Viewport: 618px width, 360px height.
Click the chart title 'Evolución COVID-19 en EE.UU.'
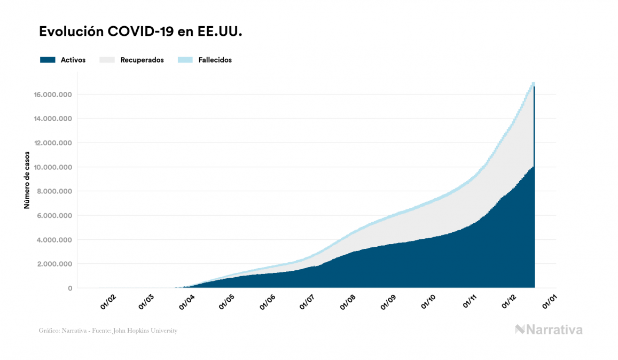(x=141, y=32)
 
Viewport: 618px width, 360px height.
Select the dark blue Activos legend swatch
(x=48, y=60)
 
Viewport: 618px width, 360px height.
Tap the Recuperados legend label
(x=142, y=60)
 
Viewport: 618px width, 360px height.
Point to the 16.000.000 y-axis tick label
(x=53, y=95)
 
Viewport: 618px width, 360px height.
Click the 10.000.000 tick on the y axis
(x=53, y=167)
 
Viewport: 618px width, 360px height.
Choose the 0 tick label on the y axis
(x=70, y=288)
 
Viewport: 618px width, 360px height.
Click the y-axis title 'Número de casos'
(x=27, y=180)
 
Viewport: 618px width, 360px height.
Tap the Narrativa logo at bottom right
(x=549, y=330)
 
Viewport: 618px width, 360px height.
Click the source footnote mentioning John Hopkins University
(x=108, y=331)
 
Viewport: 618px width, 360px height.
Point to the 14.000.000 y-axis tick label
(x=53, y=119)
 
